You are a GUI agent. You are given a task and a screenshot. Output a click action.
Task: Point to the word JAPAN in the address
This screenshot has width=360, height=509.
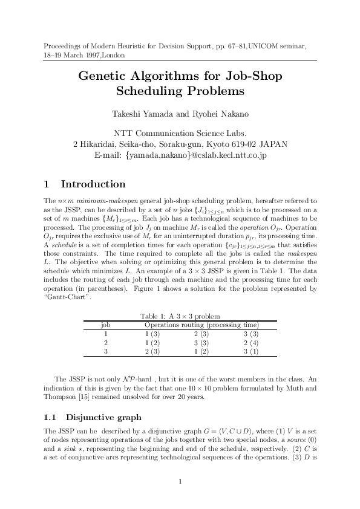pyautogui.click(x=273, y=144)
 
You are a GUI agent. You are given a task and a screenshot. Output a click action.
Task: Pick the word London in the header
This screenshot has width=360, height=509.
pyautogui.click(x=114, y=55)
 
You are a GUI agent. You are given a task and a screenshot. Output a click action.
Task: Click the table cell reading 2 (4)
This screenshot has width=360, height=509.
pyautogui.click(x=250, y=342)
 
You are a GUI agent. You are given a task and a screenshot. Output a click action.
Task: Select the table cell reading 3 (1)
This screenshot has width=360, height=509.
pyautogui.click(x=250, y=351)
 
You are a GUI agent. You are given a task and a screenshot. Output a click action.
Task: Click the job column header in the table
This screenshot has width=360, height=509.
pyautogui.click(x=105, y=325)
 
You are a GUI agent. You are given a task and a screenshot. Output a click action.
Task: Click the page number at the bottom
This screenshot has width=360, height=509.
pyautogui.click(x=180, y=481)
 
